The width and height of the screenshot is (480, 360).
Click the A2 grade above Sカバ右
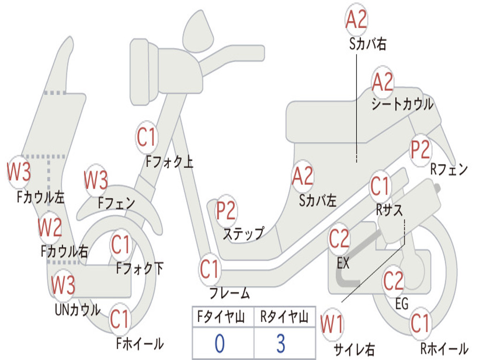[356, 19]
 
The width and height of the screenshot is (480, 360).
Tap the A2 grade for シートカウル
[382, 83]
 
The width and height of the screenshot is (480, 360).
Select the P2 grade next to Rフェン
[420, 150]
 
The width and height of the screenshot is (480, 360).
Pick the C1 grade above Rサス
[380, 187]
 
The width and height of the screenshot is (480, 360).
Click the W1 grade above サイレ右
[331, 324]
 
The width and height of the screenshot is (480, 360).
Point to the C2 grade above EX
[339, 239]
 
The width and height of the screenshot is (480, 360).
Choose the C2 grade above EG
[394, 281]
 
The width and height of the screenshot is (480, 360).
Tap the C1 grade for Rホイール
[420, 323]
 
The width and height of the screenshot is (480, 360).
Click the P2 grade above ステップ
[226, 211]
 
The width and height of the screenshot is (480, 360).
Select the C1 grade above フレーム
[210, 270]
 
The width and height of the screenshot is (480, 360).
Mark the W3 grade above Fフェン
[96, 180]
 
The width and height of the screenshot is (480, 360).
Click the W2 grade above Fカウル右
[50, 228]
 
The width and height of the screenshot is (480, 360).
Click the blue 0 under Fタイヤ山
[220, 343]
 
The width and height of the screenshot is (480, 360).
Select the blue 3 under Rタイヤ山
[280, 343]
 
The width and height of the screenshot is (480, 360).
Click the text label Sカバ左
[318, 201]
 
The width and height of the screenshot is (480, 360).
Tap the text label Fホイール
[140, 344]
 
